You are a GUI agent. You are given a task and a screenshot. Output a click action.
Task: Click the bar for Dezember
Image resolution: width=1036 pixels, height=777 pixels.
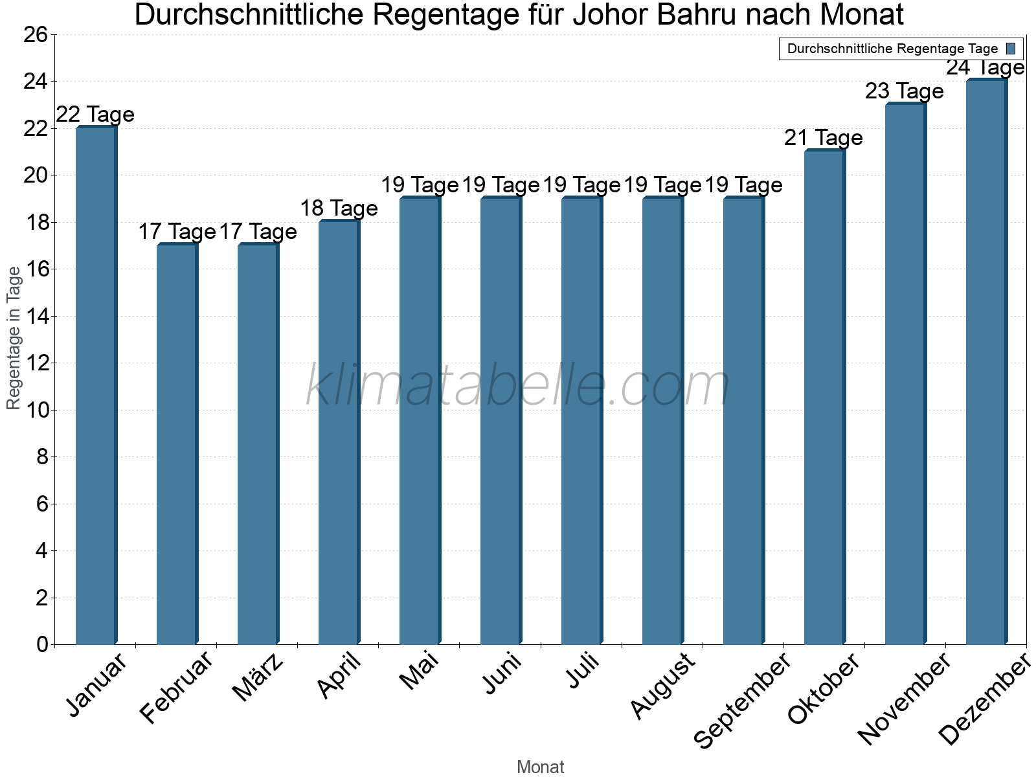coord(986,363)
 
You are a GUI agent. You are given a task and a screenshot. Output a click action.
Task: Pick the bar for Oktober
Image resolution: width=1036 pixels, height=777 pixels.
coord(824,398)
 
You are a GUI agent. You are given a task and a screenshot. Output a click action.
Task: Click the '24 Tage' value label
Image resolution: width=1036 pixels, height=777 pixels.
coord(985,67)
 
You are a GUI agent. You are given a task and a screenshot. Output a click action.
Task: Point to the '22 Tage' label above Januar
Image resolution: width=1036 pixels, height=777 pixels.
coord(95,115)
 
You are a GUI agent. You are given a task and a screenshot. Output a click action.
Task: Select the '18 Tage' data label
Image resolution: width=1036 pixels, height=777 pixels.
coord(339,208)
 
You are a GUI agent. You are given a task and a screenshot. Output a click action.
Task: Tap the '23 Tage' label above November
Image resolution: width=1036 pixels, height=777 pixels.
coord(904,91)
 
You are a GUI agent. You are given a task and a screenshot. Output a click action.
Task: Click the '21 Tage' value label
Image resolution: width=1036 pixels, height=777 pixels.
coord(823,138)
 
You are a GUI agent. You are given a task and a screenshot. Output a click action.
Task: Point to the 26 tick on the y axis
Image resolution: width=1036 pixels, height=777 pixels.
coord(36,34)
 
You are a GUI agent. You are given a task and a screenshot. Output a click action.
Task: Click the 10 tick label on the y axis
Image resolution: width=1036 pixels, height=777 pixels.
coord(36,410)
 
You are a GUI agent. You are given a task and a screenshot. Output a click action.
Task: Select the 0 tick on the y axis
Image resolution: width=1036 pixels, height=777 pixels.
coord(42,644)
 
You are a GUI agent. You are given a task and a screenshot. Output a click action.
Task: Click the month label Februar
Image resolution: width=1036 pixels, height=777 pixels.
coord(176,686)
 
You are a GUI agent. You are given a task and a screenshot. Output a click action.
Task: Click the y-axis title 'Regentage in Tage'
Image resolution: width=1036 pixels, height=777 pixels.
coord(14,338)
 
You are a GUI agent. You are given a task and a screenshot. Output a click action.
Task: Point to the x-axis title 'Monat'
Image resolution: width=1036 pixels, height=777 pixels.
coord(540,767)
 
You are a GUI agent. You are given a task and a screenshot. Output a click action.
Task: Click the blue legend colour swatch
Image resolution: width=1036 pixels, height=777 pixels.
coord(1011,49)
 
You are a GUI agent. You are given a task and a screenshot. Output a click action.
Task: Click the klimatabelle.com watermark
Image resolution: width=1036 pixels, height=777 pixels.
coord(518,387)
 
